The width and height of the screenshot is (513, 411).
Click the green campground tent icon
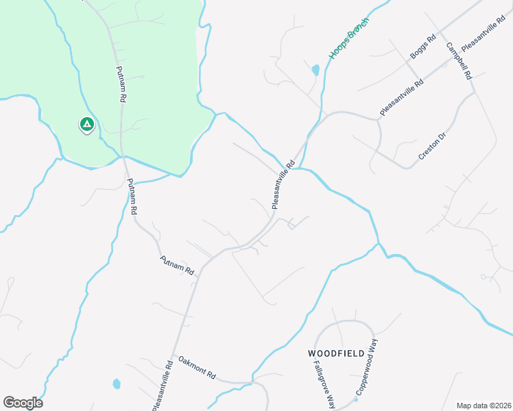86,124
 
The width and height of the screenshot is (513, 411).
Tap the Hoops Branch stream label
349,38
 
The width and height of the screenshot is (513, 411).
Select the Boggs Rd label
422,48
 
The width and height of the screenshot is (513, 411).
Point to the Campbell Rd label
460,61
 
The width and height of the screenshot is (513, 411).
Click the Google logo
23,403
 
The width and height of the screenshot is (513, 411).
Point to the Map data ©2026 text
484,405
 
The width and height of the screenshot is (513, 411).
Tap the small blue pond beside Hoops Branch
315,70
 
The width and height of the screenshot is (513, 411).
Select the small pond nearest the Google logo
117,384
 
